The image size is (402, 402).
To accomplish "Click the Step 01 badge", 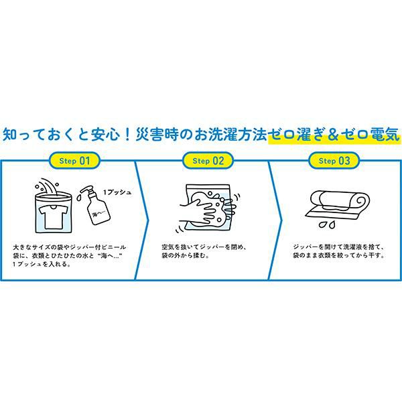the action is pyautogui.click(x=74, y=161).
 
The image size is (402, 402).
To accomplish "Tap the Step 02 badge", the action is pyautogui.click(x=208, y=161).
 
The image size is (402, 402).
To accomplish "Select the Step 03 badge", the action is pyautogui.click(x=334, y=161).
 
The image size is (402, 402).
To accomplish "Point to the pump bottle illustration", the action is pyautogui.click(x=96, y=206).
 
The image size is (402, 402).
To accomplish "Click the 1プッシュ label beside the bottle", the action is pyautogui.click(x=117, y=192).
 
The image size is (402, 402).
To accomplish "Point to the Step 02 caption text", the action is pyautogui.click(x=204, y=251).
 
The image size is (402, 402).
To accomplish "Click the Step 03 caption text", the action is pyautogui.click(x=338, y=251).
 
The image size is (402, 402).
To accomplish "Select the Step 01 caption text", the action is pyautogui.click(x=70, y=255).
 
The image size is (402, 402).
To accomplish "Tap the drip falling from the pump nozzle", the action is pyautogui.click(x=78, y=198).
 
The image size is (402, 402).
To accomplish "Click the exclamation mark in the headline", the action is pyautogui.click(x=127, y=135).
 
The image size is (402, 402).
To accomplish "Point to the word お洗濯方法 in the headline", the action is pyautogui.click(x=230, y=135).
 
